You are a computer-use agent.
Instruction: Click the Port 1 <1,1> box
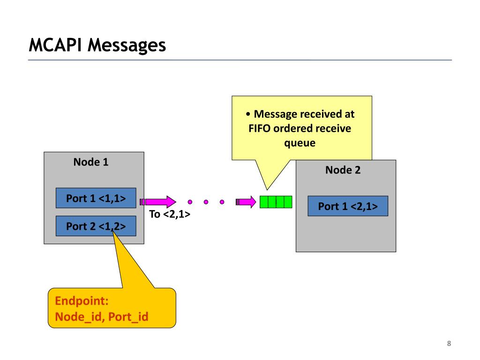point(96,198)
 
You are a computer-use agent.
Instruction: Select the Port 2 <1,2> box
point(96,226)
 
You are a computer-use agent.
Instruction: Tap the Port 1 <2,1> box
point(348,206)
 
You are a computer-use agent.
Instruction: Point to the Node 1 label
point(91,162)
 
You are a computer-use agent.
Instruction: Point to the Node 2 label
point(343,170)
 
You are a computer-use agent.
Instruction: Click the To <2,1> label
point(169,215)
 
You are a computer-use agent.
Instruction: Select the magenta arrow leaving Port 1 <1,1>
point(159,202)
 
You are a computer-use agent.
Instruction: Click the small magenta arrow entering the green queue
point(246,202)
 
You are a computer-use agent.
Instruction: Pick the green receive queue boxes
point(276,202)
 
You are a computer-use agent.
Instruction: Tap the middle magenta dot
point(206,202)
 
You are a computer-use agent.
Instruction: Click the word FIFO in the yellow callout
point(260,128)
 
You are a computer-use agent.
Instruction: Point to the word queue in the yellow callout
point(300,143)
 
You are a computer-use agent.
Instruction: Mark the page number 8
point(449,344)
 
